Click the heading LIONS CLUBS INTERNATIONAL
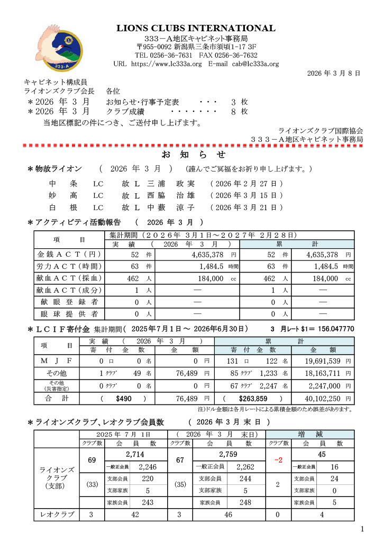coord(196,28)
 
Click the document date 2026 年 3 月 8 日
coord(334,73)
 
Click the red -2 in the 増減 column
coord(278,460)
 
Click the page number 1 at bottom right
coord(362,529)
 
